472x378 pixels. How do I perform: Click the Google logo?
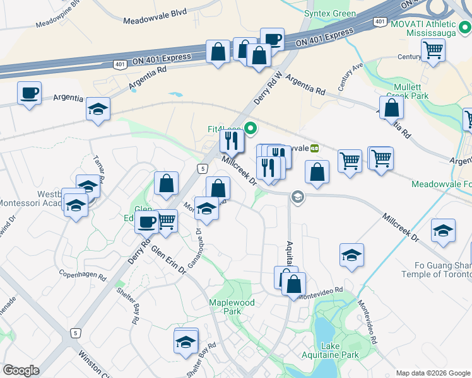tap(21, 370)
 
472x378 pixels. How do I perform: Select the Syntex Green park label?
tap(330, 13)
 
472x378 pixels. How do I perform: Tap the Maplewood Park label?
tap(232, 307)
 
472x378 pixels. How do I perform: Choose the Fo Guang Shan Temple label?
tap(436, 270)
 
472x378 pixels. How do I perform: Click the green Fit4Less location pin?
tap(251, 130)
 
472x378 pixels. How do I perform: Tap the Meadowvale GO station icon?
tap(314, 148)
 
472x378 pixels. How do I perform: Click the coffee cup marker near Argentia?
tap(29, 94)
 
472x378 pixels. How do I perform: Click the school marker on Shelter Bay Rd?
tap(186, 341)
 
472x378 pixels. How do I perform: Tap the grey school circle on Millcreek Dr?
tap(297, 198)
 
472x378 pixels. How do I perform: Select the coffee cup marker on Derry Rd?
tap(147, 222)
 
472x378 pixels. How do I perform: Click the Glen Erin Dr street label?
tap(168, 259)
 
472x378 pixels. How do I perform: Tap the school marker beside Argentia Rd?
tap(98, 109)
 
